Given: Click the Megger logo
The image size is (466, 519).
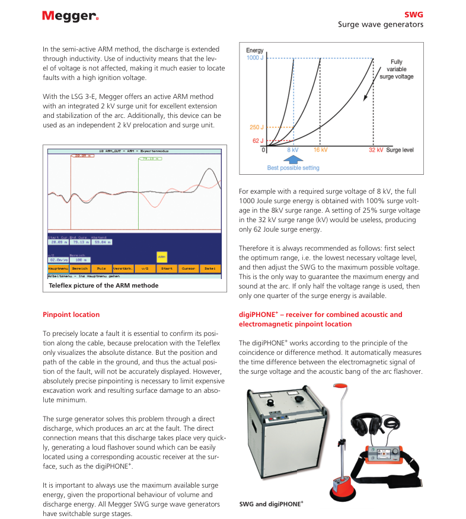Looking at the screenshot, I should click(70, 16).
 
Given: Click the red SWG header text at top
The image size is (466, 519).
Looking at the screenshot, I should click(414, 14).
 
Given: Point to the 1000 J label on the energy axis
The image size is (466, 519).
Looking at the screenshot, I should click(255, 58).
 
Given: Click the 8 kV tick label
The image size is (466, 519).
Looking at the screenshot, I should click(293, 151).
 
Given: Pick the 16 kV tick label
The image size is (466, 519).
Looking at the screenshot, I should click(321, 151).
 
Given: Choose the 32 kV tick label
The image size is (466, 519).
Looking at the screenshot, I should click(376, 151).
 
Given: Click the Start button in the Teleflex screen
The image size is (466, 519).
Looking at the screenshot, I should click(166, 268).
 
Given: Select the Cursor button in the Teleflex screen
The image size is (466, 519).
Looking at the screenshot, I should click(188, 268).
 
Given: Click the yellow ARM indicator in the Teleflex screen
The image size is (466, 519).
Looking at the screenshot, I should click(161, 257).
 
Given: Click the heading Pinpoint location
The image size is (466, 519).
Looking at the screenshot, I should click(71, 315).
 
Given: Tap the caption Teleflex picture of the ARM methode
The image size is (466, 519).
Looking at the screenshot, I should click(103, 286).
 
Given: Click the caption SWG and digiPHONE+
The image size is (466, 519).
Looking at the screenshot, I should click(271, 504).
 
